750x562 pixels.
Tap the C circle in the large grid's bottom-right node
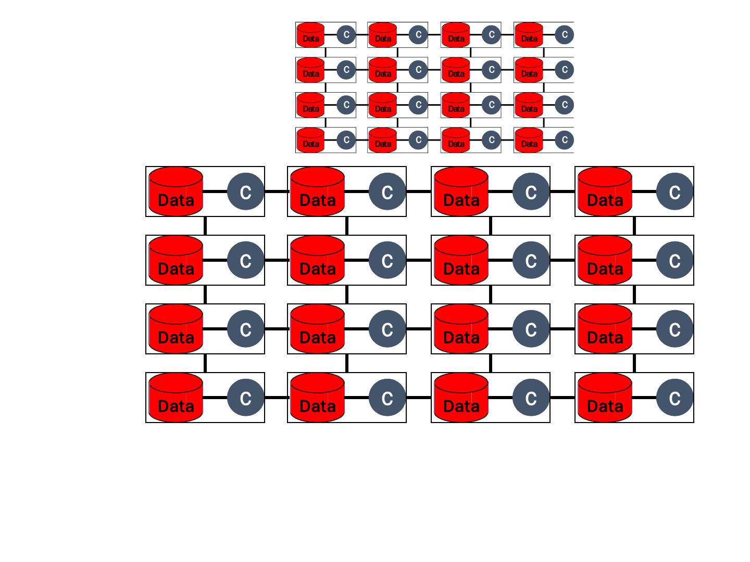click(674, 398)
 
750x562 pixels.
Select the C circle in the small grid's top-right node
click(564, 35)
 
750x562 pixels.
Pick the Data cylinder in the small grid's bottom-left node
click(310, 140)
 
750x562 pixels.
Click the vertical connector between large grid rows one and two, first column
click(205, 226)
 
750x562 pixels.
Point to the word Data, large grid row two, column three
click(461, 269)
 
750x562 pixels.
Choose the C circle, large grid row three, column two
click(387, 329)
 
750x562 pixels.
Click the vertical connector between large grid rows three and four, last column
click(634, 363)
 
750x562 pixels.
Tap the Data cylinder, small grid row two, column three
click(456, 70)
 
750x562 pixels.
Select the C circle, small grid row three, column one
click(346, 105)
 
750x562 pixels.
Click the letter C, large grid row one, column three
click(531, 193)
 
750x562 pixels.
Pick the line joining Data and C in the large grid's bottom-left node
click(215, 398)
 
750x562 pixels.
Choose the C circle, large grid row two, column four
click(674, 261)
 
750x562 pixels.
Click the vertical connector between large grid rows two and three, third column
click(491, 295)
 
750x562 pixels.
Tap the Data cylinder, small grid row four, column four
click(529, 140)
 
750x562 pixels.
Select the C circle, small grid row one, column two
click(418, 35)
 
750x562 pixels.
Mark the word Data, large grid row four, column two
click(318, 406)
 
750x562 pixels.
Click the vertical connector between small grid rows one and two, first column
click(326, 53)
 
